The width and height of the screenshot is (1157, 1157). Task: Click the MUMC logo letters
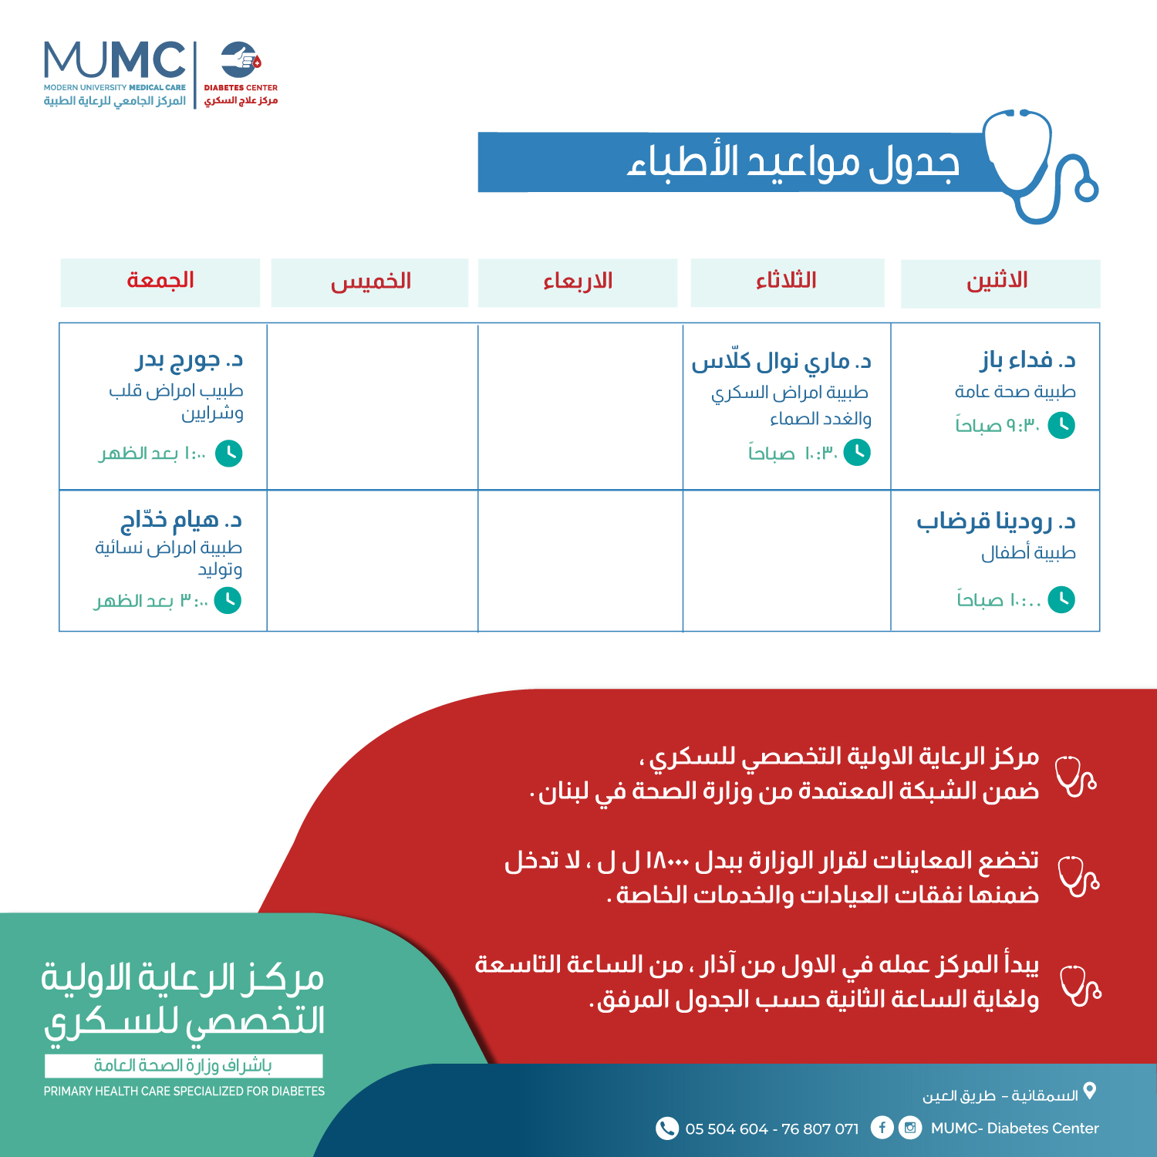[114, 60]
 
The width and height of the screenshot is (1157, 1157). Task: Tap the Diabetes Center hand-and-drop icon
[241, 59]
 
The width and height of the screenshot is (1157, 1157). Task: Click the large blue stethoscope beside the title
[1037, 166]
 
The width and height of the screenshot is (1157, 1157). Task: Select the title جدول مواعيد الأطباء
[793, 163]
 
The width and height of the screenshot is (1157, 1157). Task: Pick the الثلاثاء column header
[786, 282]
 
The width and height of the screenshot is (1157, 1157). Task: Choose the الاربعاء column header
[578, 282]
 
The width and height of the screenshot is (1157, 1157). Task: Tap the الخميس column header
[370, 282]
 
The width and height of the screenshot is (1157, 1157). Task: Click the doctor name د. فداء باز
[1028, 360]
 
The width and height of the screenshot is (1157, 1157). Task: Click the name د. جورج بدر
[190, 359]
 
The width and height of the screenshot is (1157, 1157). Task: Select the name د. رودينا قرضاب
[996, 522]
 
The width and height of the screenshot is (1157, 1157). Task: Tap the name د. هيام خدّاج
[181, 521]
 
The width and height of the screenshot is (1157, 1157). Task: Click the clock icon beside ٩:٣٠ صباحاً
[1061, 425]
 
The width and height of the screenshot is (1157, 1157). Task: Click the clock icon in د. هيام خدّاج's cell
[228, 600]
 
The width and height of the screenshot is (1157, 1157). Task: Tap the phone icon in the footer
[666, 1128]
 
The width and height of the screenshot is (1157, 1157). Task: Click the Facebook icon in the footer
[882, 1128]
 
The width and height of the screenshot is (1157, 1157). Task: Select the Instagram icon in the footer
[910, 1128]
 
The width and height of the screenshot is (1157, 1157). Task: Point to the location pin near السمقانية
[1090, 1091]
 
